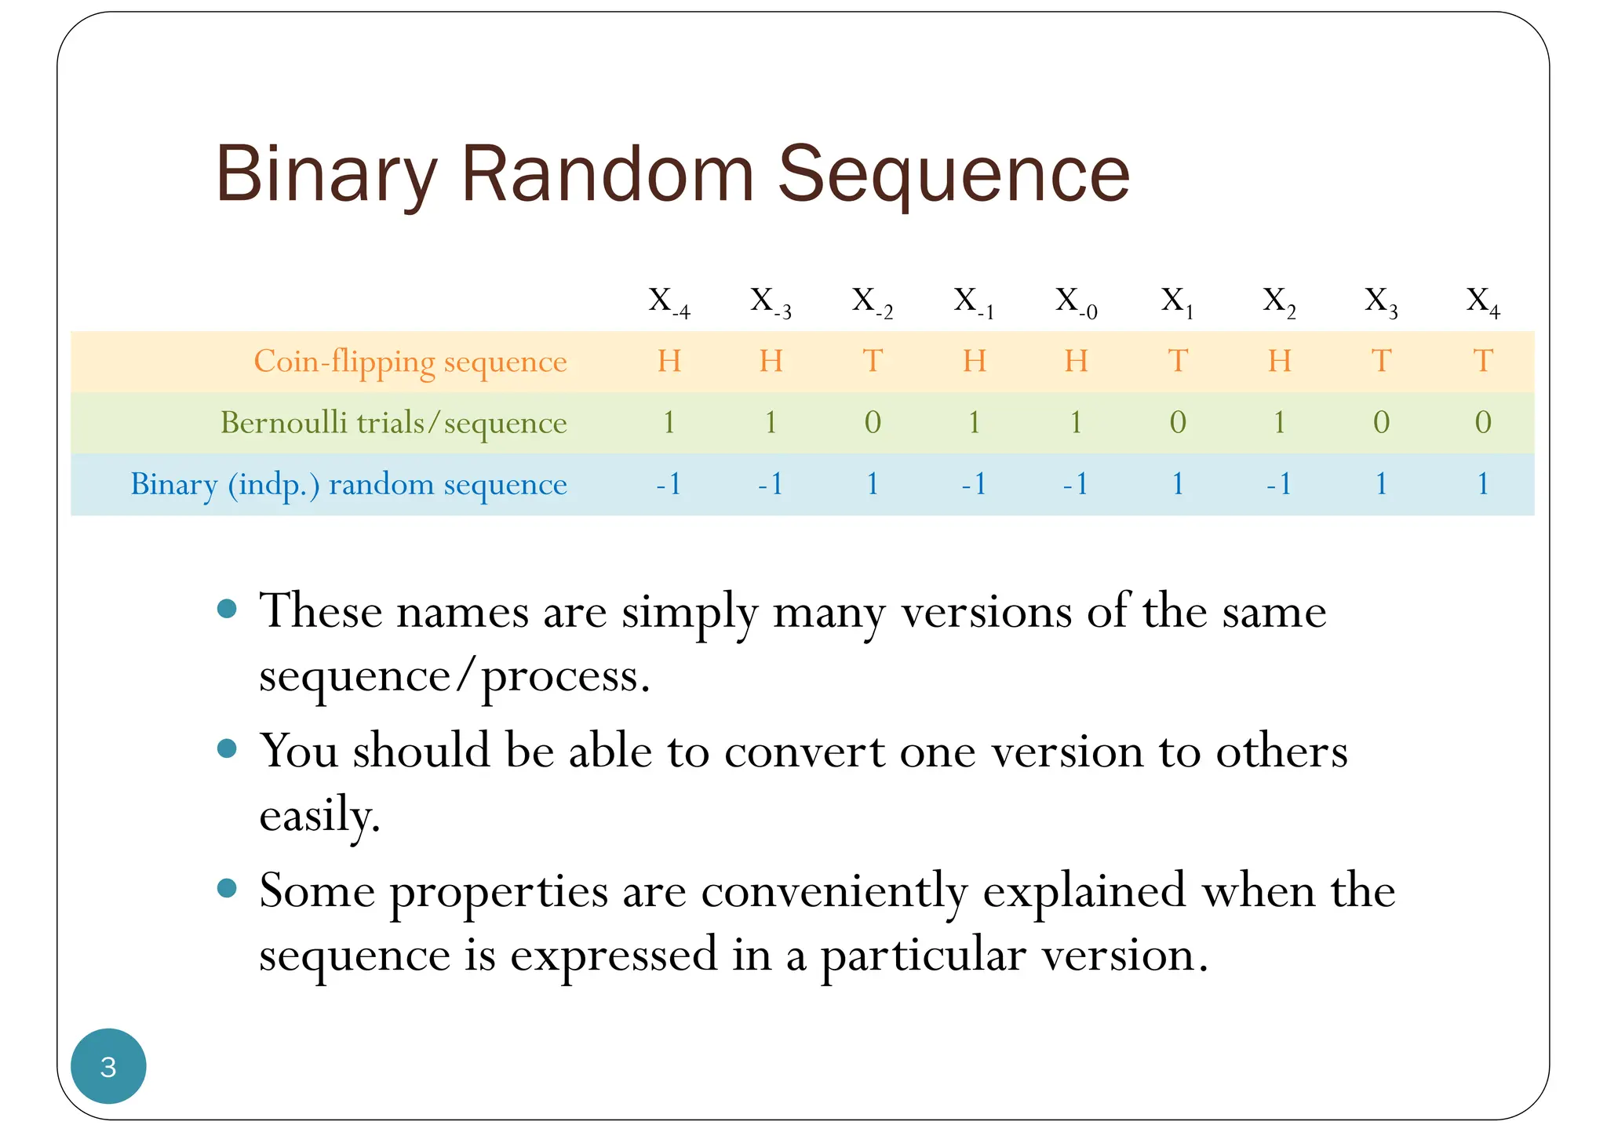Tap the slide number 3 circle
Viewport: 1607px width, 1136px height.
point(108,1066)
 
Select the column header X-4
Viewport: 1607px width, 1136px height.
point(669,301)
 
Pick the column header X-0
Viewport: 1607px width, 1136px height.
point(1076,301)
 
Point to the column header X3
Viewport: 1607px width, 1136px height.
point(1381,301)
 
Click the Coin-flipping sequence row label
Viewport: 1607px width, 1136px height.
point(410,362)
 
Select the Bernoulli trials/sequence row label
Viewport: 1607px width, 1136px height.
point(393,423)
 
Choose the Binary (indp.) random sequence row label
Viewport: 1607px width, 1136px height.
point(348,484)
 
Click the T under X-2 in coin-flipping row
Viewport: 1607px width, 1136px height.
point(873,362)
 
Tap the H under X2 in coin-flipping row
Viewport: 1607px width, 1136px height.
point(1279,362)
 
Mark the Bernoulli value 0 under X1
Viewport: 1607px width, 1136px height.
point(1177,423)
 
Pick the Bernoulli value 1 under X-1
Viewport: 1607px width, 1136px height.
point(974,423)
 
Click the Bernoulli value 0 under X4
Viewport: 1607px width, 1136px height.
point(1482,423)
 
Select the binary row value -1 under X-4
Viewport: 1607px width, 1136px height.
point(669,484)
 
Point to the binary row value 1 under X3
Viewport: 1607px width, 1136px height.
point(1381,484)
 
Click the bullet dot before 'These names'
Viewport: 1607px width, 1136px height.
point(227,609)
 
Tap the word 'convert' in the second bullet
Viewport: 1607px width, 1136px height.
point(803,752)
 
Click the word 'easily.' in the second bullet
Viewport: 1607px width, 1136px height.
point(319,816)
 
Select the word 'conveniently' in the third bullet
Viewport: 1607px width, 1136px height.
point(833,892)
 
